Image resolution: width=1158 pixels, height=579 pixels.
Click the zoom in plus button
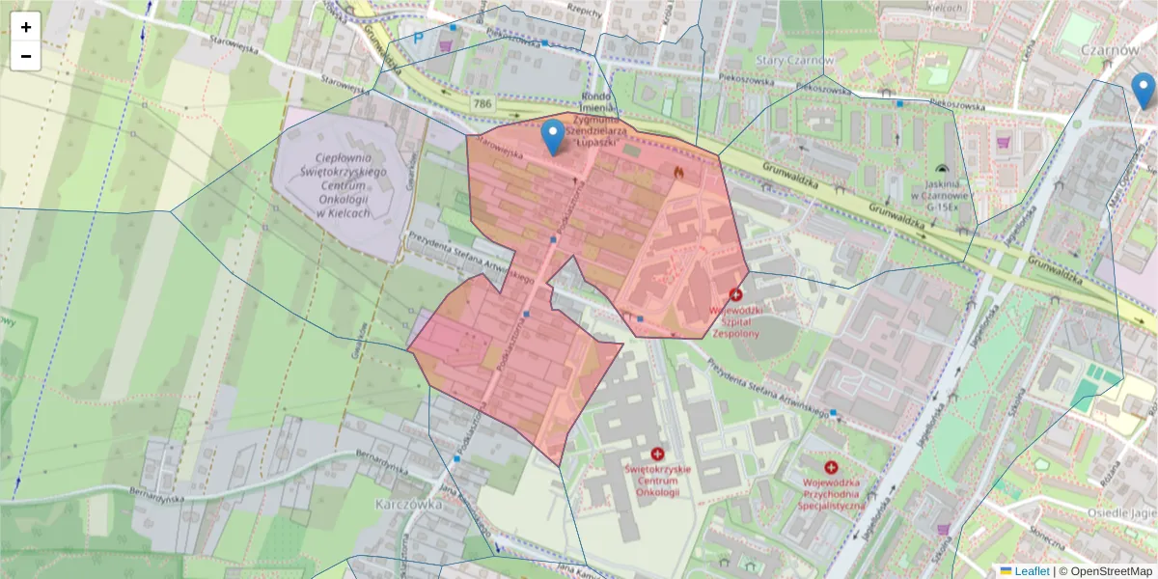[26, 27]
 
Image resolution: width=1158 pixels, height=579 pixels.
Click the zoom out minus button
[26, 56]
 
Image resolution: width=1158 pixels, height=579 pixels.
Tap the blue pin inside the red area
[553, 137]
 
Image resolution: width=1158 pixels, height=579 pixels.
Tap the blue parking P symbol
[419, 39]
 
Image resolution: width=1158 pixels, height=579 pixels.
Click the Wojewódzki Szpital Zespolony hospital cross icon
[736, 294]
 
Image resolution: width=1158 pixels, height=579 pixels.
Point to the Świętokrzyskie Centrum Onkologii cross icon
[658, 454]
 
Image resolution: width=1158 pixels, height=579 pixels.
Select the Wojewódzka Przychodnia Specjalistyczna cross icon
[831, 467]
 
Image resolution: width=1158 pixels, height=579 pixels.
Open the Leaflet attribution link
[1032, 571]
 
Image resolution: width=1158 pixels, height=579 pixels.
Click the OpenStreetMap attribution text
[1105, 571]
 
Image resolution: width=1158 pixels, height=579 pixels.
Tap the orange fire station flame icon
[678, 172]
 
